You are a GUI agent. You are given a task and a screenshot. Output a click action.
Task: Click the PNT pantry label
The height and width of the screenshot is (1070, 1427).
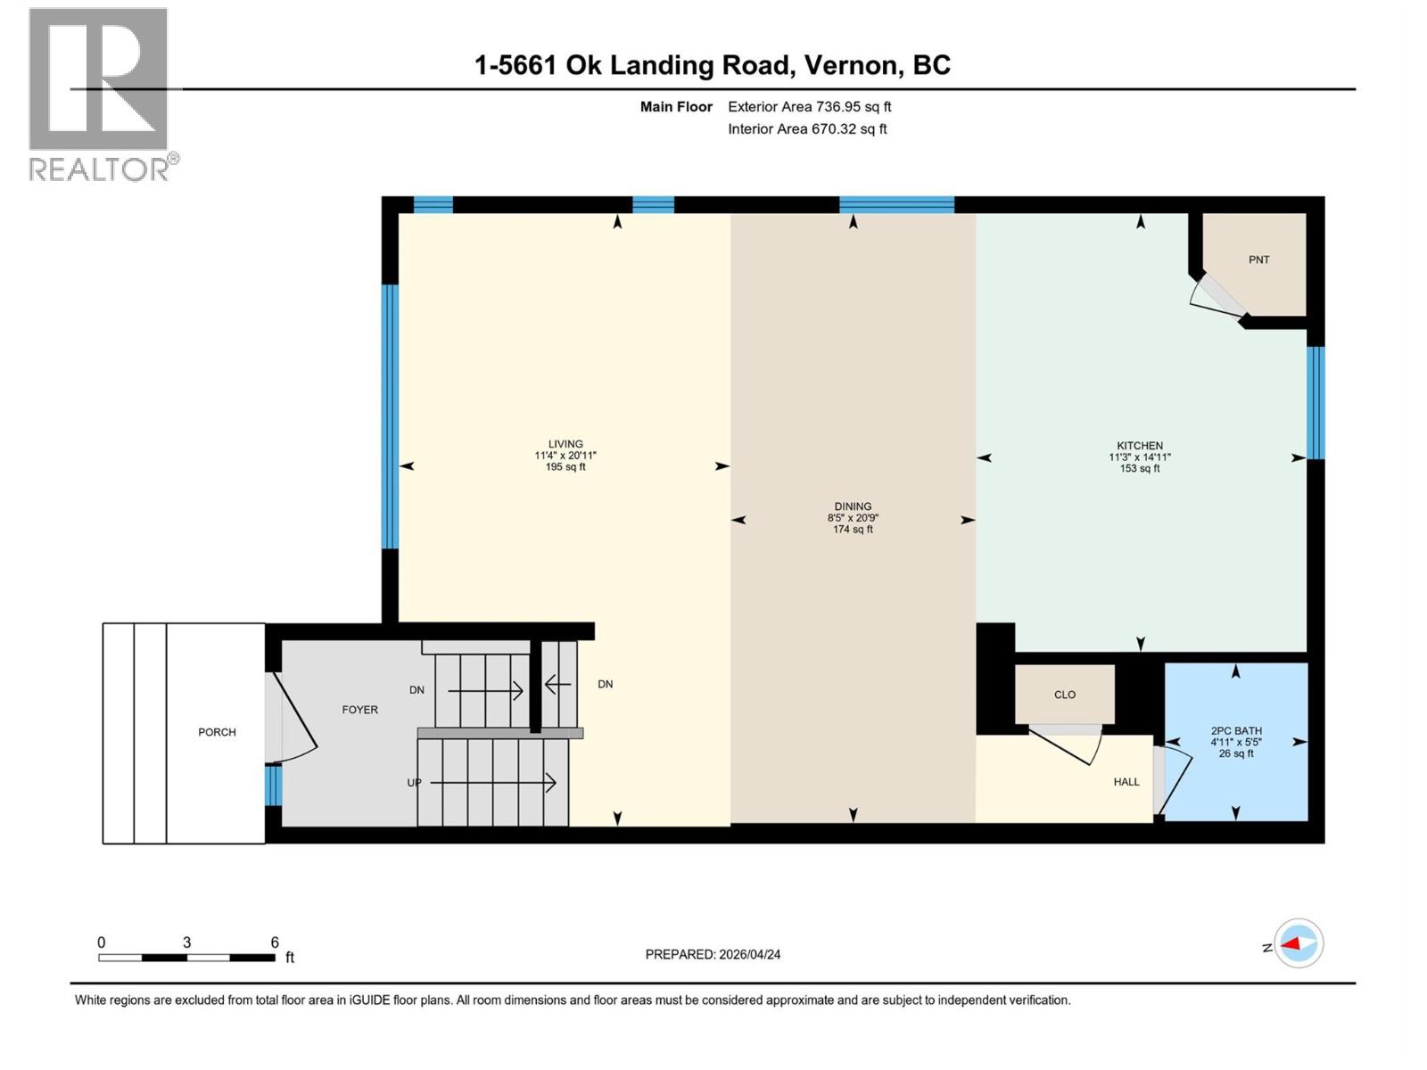1258,259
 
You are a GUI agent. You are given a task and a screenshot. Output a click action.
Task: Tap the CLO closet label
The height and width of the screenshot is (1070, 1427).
1064,695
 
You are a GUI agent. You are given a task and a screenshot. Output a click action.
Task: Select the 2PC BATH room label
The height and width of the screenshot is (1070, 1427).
1235,730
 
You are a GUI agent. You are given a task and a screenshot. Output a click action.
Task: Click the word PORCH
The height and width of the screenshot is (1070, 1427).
217,732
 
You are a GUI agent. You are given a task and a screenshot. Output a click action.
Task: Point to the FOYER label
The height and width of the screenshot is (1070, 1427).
359,710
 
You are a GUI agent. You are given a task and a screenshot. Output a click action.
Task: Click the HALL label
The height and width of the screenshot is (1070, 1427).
1126,782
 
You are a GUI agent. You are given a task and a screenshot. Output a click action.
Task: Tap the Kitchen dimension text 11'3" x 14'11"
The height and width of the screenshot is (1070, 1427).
1139,457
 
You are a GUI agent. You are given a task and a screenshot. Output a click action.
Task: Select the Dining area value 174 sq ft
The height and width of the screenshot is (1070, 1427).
853,530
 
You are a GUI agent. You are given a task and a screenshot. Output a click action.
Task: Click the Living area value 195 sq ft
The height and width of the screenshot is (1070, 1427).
565,467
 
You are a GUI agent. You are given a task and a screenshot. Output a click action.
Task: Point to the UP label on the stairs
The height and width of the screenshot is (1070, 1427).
414,783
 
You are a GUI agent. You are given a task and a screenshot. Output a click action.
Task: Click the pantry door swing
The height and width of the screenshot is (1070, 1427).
1217,299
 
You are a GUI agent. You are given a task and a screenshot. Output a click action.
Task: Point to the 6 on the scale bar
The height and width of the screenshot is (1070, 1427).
275,942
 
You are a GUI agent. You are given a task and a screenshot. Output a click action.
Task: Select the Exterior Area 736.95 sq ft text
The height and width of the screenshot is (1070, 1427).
809,107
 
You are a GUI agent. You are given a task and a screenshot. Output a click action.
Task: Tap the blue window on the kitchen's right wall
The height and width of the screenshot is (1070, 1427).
1316,402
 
